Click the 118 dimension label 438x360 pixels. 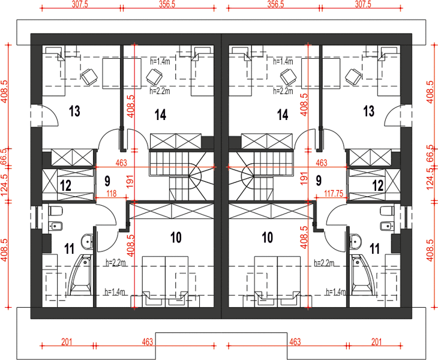coord(112,193)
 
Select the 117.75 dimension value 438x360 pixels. coord(334,193)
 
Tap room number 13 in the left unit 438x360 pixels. coord(74,111)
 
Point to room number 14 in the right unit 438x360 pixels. coord(283,115)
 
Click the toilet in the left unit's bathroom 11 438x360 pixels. coord(55,211)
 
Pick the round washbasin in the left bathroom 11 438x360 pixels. coord(88,241)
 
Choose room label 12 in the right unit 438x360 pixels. coord(378,185)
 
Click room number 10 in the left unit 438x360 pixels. coord(176,238)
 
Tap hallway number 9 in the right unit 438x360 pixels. coord(319,181)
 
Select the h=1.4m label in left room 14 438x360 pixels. coord(160,61)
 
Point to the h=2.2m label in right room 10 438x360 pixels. coord(324,263)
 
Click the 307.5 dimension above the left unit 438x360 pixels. coord(80,4)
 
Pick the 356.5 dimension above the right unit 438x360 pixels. coord(276,4)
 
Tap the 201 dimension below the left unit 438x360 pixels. coord(67,341)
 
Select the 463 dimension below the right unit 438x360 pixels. coord(295,341)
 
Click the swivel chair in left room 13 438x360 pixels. coord(89,76)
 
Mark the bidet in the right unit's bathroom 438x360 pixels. coord(386,226)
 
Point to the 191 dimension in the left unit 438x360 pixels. coord(130,181)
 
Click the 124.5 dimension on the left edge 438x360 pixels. coord(4,185)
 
